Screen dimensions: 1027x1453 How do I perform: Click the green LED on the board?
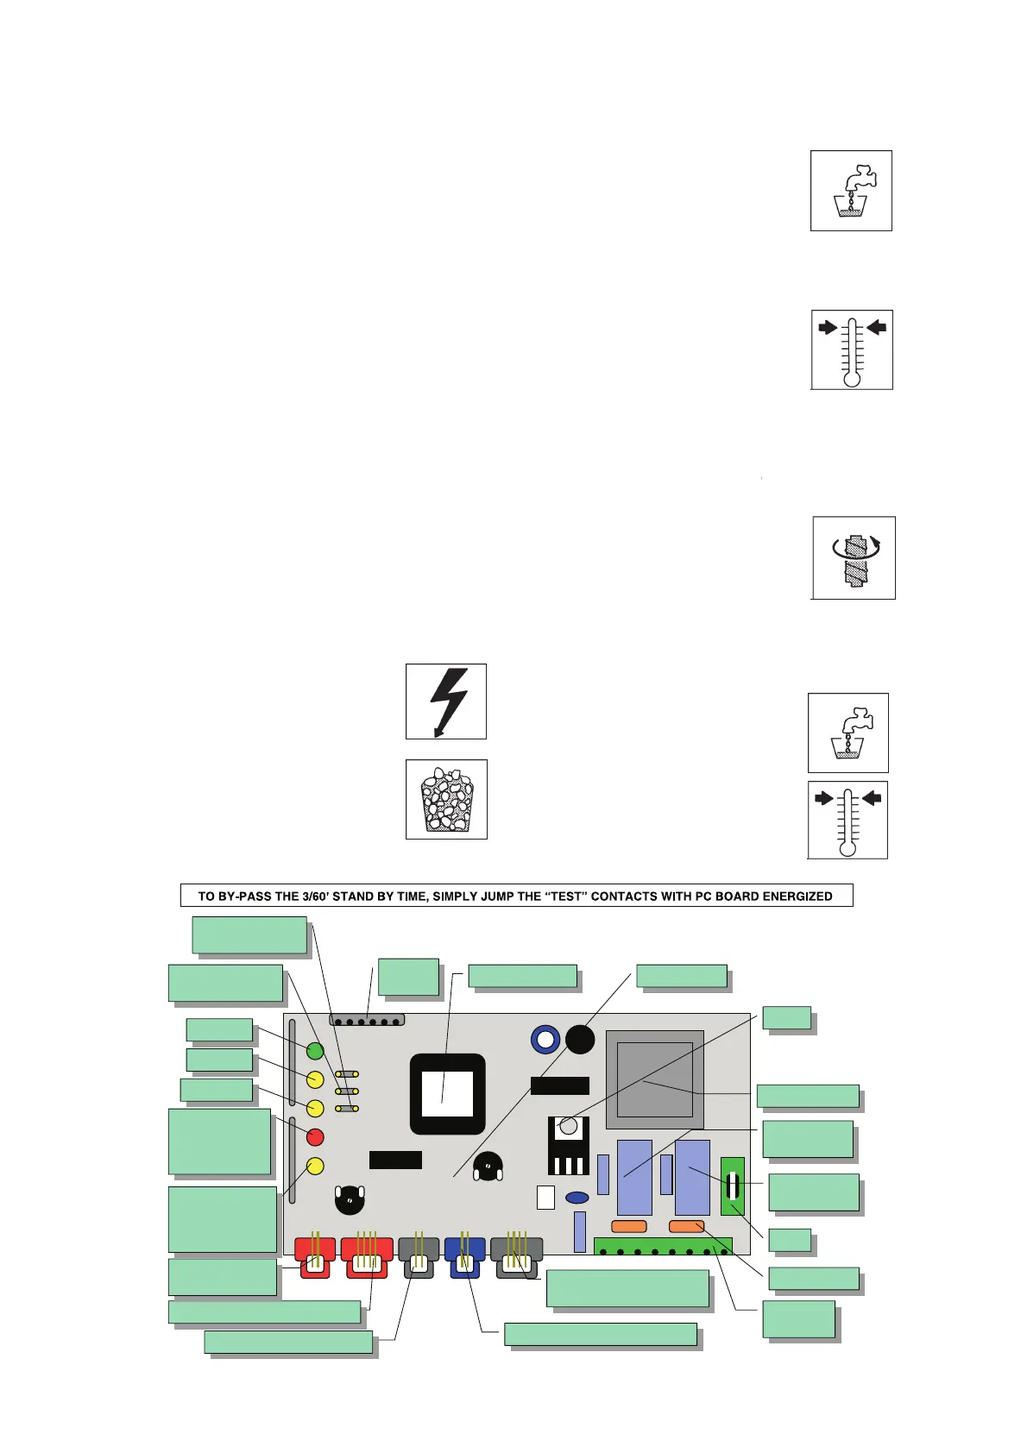click(x=315, y=1050)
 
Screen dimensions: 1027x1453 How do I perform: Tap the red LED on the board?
click(x=315, y=1136)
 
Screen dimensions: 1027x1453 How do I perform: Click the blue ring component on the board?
click(x=545, y=1040)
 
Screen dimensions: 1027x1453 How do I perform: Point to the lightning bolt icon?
click(x=446, y=701)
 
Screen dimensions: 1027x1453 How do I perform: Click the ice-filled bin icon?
click(x=446, y=800)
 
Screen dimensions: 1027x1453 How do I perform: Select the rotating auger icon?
click(x=854, y=558)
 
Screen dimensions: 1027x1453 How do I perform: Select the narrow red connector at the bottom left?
click(x=315, y=1257)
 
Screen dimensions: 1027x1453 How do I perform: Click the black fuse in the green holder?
click(x=733, y=1186)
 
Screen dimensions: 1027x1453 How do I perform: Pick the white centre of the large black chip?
click(x=447, y=1094)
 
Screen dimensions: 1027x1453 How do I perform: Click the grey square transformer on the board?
click(x=655, y=1079)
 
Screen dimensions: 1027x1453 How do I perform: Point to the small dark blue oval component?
click(x=577, y=1198)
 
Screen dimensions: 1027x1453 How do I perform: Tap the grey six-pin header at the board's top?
click(x=367, y=1020)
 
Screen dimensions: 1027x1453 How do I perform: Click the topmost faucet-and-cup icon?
click(x=851, y=191)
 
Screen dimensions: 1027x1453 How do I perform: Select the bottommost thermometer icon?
click(x=847, y=820)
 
